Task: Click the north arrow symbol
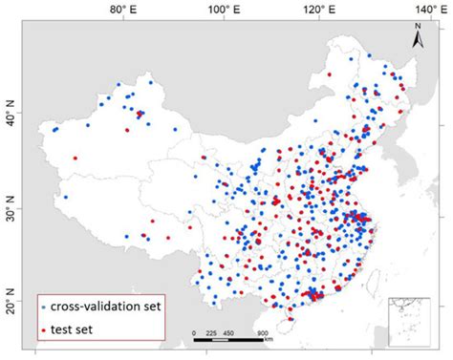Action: [418, 40]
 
